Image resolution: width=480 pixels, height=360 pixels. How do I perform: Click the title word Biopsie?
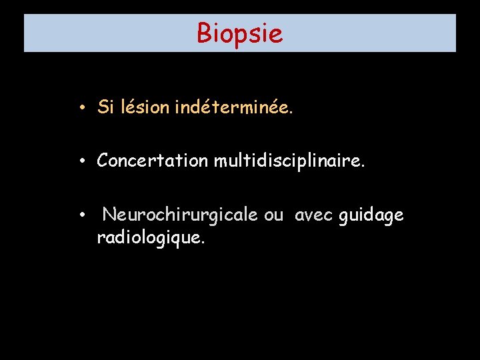[239, 33]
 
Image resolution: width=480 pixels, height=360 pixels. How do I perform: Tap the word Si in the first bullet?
[105, 107]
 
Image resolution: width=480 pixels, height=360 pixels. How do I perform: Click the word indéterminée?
[233, 107]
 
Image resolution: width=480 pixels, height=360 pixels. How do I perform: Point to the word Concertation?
[153, 161]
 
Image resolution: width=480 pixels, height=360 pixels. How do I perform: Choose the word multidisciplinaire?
[289, 161]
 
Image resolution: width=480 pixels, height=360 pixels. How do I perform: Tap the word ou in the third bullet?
[274, 216]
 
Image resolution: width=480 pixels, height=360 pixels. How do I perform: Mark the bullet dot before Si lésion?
[79, 107]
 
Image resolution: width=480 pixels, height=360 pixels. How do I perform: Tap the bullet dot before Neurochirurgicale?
[79, 215]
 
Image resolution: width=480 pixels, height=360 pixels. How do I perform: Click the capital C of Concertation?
[103, 161]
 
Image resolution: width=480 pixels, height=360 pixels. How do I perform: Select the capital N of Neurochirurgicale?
[109, 215]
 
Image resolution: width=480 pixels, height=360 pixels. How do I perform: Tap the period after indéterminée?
[290, 111]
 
